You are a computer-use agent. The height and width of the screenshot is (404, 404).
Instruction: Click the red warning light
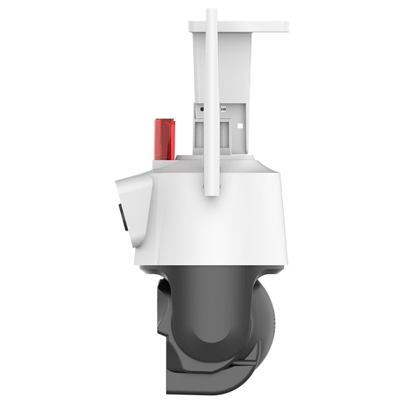(166, 137)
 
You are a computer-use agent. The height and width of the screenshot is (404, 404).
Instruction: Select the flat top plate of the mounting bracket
(239, 26)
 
